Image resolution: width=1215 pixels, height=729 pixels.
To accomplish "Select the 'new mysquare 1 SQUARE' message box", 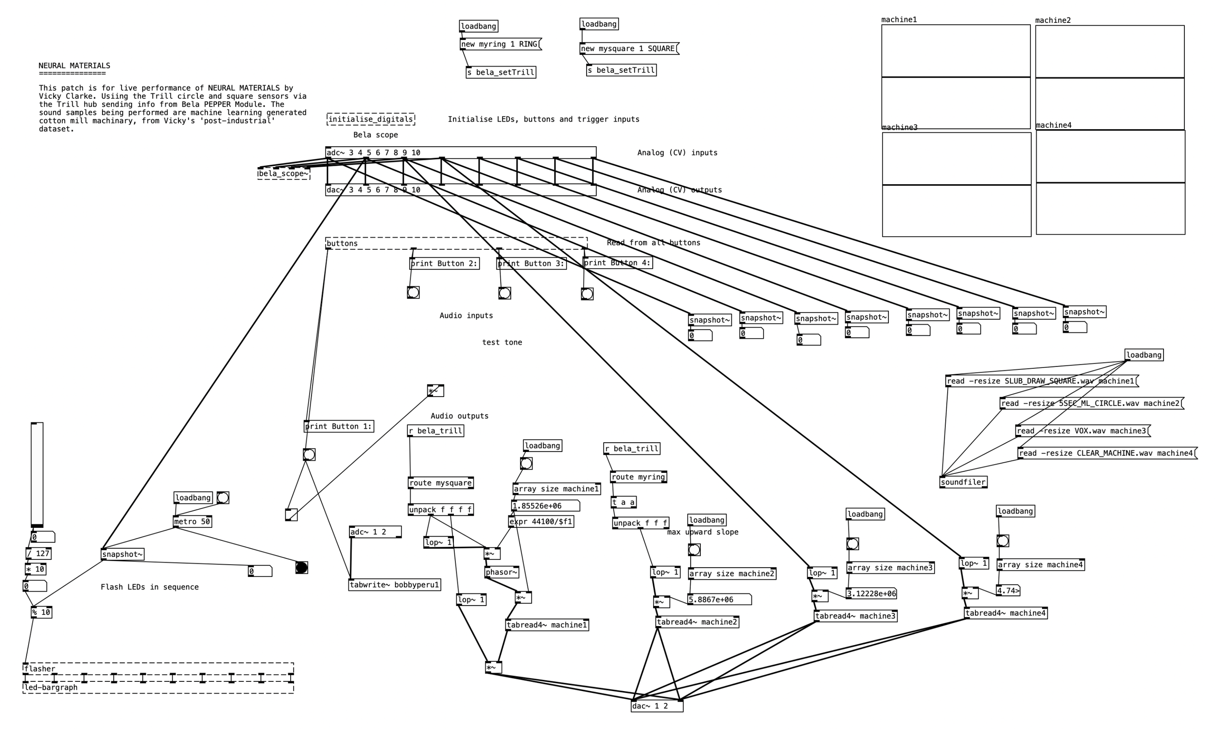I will [x=628, y=49].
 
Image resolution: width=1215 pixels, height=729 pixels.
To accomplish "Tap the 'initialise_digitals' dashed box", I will [x=371, y=120].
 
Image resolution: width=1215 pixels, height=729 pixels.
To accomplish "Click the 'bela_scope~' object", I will [x=284, y=174].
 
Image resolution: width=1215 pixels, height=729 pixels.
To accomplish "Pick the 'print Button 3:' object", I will [x=531, y=264].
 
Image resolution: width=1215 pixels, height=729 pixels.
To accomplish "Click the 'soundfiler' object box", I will [x=963, y=483].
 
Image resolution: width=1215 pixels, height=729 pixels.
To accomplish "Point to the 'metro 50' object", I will [x=192, y=521].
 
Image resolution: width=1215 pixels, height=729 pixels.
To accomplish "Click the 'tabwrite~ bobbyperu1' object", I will [x=394, y=585].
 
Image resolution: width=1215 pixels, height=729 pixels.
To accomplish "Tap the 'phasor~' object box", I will [x=502, y=572].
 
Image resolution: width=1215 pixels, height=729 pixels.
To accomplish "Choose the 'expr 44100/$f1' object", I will [x=541, y=521].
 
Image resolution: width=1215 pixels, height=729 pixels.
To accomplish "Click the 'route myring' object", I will [x=639, y=477].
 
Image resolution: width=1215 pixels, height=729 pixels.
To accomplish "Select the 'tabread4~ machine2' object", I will [x=697, y=622].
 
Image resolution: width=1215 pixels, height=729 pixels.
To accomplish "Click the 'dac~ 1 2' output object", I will [x=657, y=707].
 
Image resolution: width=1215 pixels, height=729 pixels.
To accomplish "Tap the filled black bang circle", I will [x=301, y=568].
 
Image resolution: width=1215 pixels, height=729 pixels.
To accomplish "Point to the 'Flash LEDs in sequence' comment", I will [x=150, y=587].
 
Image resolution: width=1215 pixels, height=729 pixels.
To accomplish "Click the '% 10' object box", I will [x=41, y=612].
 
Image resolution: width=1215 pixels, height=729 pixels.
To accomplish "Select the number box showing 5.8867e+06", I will [x=719, y=600].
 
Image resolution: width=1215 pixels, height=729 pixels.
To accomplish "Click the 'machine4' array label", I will [x=1054, y=125].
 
